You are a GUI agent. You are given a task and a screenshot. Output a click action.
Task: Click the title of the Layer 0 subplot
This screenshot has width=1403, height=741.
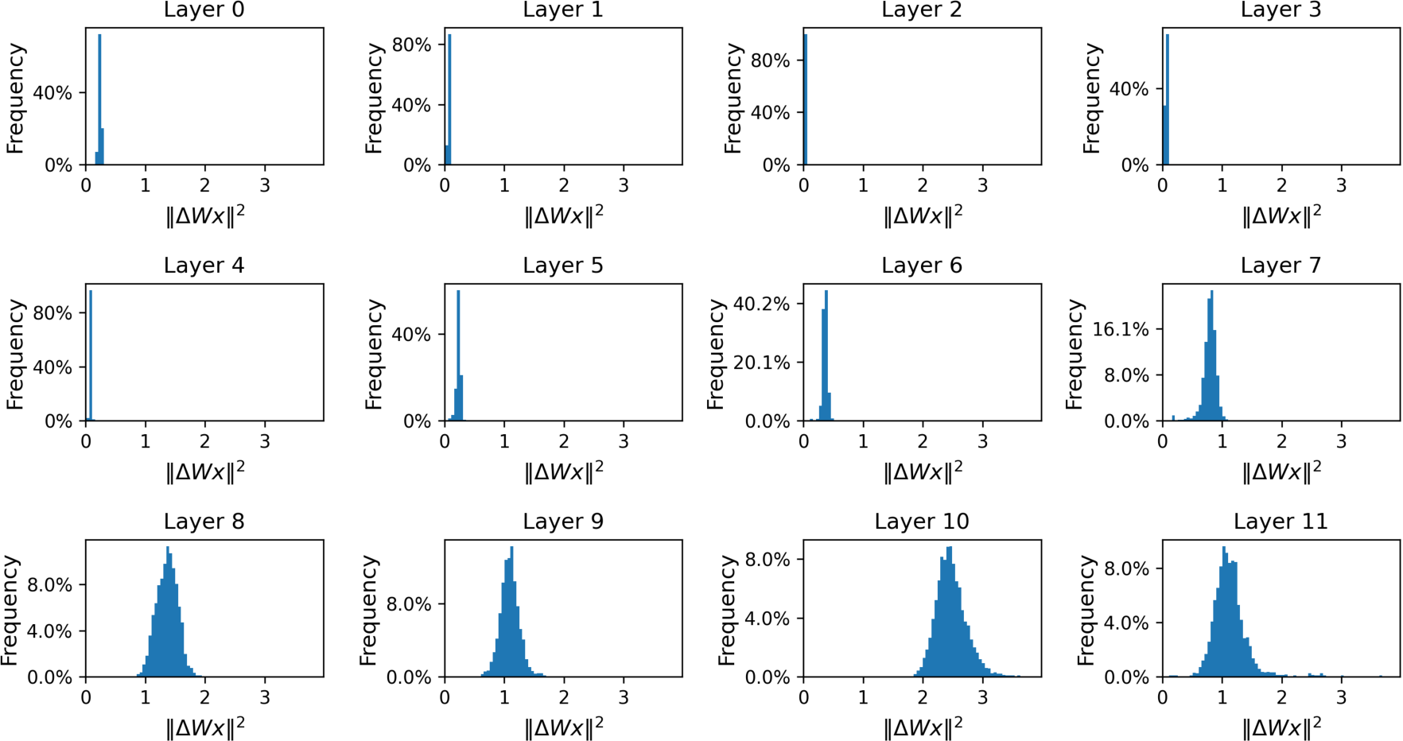point(204,10)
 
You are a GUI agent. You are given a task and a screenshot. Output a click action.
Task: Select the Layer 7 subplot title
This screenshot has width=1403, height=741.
point(1281,266)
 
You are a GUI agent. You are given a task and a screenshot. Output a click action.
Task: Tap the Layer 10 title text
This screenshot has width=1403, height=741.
point(921,522)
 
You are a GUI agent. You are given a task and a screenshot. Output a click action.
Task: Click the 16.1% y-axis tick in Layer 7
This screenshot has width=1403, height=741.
point(1121,329)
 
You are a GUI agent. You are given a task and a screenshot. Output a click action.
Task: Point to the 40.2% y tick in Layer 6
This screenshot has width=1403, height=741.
point(761,304)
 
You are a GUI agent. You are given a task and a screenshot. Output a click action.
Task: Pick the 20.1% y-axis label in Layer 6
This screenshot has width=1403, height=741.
point(761,363)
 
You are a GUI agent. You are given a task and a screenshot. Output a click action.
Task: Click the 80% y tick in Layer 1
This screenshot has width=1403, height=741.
point(411,45)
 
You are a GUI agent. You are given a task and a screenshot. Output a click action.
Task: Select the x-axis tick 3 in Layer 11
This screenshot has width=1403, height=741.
point(1341,697)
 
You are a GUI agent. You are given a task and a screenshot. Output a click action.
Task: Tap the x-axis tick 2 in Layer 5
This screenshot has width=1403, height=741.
point(564,441)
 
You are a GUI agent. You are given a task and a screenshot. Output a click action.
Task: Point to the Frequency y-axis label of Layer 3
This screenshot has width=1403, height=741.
point(1091,99)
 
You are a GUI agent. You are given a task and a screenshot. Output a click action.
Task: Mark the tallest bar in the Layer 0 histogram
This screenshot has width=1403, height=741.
point(99,99)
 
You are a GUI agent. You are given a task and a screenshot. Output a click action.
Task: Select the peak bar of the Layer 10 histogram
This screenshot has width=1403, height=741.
point(950,612)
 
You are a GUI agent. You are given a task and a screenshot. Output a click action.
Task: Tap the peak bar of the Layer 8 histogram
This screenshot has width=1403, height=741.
point(168,612)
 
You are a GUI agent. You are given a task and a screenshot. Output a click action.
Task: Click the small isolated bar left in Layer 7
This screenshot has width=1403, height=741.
point(1173,417)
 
